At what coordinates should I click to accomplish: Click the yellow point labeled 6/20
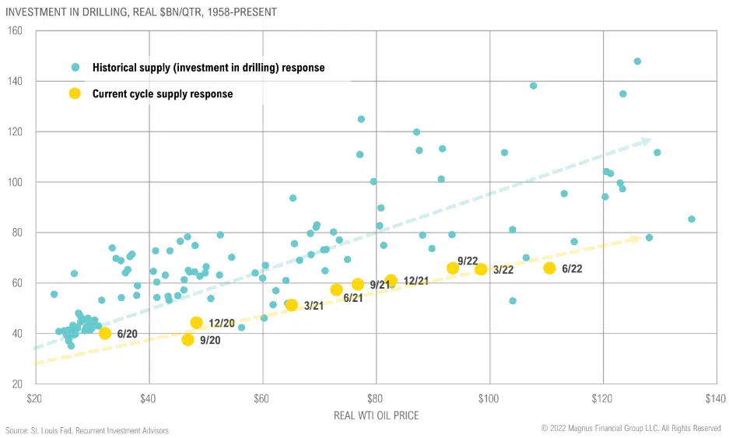(105, 333)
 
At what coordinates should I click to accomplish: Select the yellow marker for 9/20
(188, 339)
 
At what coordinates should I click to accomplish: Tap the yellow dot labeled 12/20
(196, 322)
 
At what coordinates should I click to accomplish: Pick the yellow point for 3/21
(292, 305)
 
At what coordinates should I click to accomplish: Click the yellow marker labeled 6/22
(549, 268)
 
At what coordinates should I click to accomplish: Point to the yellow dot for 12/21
(391, 280)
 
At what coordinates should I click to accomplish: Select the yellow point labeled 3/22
(481, 269)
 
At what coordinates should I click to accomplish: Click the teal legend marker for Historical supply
(75, 68)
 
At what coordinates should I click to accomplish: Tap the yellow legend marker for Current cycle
(75, 93)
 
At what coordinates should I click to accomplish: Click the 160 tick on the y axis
(15, 30)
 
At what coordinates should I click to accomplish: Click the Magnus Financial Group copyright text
(631, 429)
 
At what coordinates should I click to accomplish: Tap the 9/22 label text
(468, 261)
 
